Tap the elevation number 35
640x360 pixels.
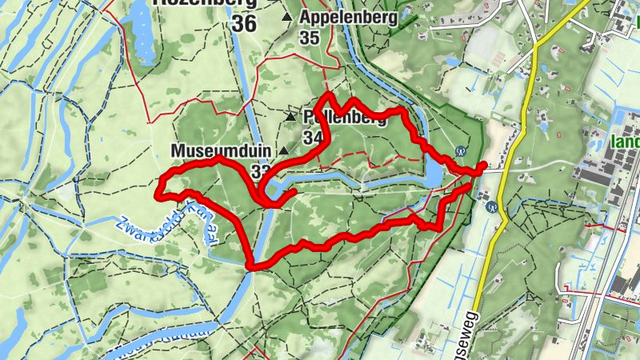310,38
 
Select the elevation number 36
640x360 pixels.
245,24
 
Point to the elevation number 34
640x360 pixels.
313,138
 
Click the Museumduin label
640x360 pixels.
221,150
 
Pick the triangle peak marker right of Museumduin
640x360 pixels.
283,150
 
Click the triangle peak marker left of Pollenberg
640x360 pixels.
290,118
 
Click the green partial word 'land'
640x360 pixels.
625,144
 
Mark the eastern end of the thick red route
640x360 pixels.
482,166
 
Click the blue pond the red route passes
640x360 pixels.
433,170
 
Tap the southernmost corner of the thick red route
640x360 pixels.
251,266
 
